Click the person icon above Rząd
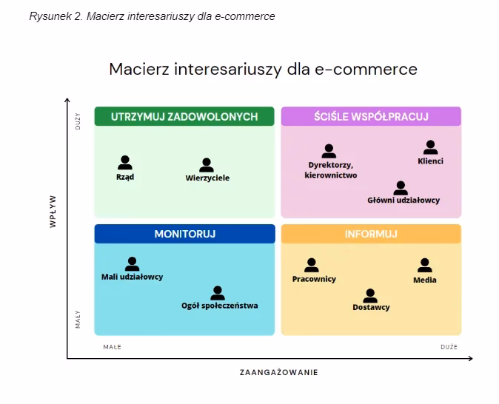125,163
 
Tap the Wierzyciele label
207,178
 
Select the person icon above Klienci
430,147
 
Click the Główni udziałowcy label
403,200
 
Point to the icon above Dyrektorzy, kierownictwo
329,151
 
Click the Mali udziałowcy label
132,277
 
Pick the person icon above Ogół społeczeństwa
218,293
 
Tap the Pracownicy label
314,279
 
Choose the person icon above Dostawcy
370,296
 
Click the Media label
425,280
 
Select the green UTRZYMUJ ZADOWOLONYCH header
184,116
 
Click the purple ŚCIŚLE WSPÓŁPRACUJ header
371,116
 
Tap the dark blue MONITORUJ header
185,234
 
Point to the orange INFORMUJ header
371,234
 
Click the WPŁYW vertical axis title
53,212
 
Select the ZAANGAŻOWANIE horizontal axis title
279,372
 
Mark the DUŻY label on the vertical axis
78,121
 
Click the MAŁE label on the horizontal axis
112,347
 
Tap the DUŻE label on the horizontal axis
449,347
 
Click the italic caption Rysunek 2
56,16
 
